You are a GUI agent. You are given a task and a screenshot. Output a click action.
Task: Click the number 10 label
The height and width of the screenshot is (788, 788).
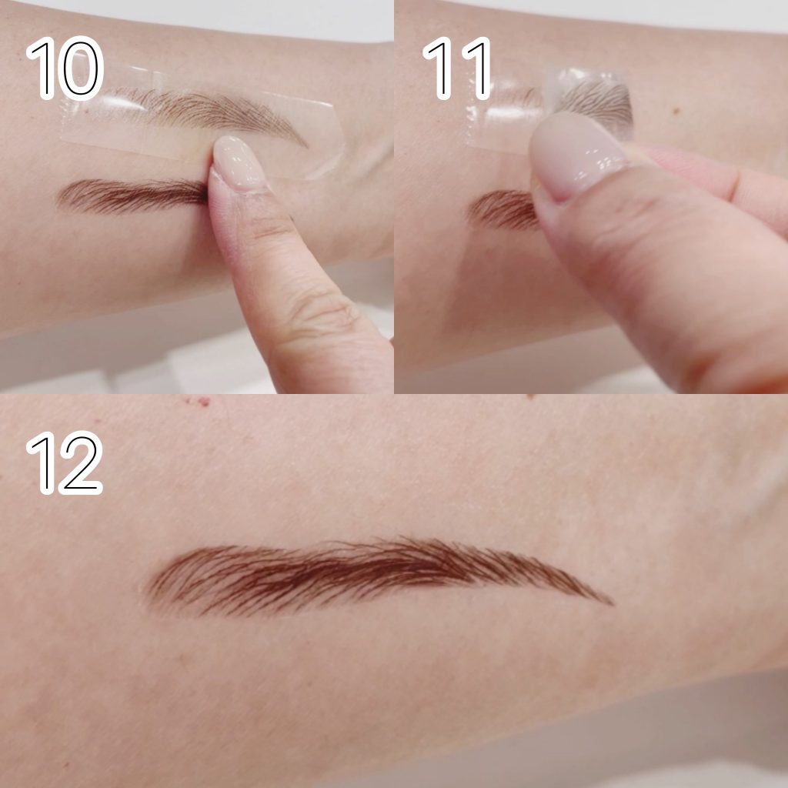tap(65, 68)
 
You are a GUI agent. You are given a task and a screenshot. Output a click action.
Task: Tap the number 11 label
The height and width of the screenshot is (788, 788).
tap(456, 68)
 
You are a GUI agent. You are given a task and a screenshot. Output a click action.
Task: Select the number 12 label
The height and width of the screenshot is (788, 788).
tap(65, 462)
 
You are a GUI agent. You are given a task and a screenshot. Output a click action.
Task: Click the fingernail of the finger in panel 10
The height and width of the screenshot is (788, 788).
tap(237, 162)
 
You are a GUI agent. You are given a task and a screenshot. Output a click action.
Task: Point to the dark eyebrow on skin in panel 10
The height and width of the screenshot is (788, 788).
tap(132, 195)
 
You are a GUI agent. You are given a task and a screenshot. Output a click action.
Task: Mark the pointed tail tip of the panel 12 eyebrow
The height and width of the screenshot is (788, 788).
tap(612, 603)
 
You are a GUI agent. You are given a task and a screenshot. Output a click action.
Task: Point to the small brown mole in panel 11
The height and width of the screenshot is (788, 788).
tap(676, 110)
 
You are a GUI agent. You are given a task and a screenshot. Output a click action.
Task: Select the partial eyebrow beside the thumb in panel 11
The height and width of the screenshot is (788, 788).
tap(503, 209)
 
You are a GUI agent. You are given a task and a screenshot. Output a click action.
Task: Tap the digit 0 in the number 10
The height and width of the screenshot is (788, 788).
tap(80, 68)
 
